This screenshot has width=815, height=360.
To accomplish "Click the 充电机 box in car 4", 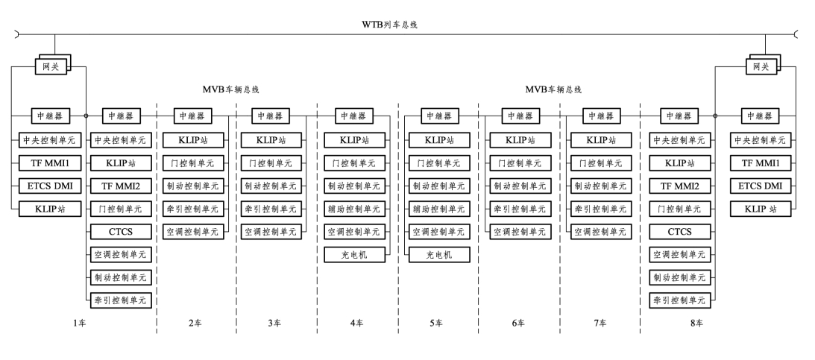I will [355, 255].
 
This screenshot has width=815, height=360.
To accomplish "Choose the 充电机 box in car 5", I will [439, 255].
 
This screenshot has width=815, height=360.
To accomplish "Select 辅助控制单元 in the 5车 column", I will [439, 209].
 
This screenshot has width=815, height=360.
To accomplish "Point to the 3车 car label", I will [274, 323].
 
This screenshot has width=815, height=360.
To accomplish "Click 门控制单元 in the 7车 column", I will [599, 162].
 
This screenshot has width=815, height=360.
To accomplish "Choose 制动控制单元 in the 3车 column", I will [274, 186].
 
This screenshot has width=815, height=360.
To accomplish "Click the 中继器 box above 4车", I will [355, 116].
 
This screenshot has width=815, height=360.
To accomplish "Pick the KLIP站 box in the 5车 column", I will [439, 139].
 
